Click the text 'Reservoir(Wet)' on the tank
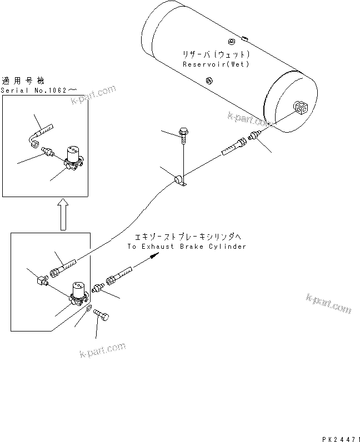(216, 64)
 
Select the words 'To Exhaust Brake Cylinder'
(186, 247)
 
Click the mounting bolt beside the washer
(103, 315)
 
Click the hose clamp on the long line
(181, 180)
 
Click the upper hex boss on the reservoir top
(232, 41)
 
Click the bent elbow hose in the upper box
(40, 133)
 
